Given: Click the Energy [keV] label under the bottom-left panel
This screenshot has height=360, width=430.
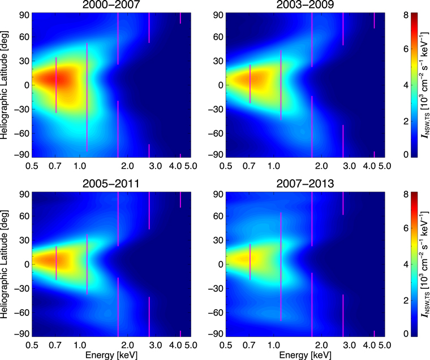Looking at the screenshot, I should click(111, 355).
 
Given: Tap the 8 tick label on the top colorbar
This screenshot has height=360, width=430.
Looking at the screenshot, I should click(422, 14).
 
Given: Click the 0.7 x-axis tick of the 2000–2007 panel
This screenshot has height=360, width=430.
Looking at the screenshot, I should click(55, 166).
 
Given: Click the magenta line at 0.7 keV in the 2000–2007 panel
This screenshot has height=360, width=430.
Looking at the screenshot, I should click(56, 85).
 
